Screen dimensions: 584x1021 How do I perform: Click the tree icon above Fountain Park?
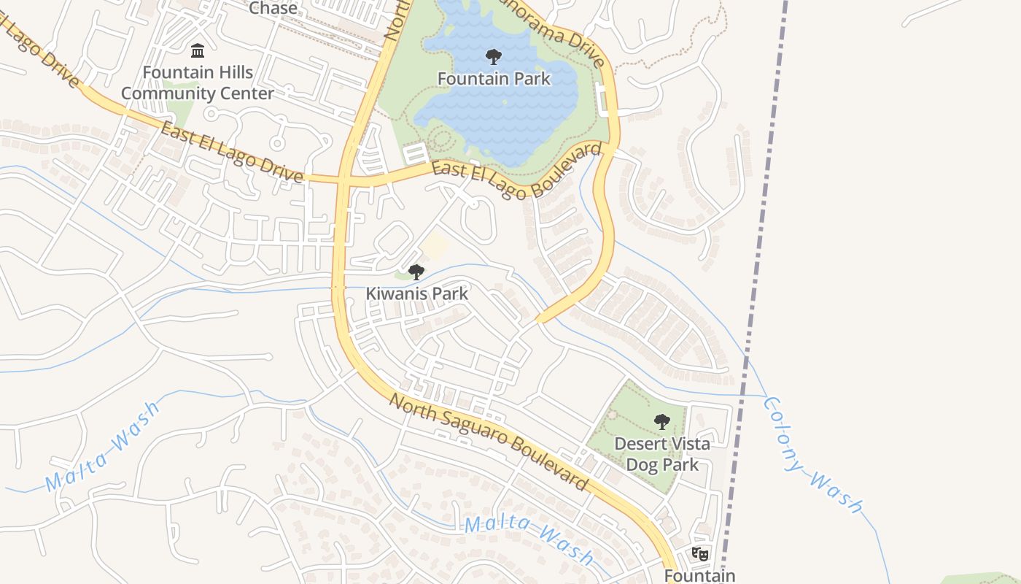click(494, 57)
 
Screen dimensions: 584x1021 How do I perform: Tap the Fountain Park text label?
click(494, 78)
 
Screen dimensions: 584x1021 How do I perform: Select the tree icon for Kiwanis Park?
click(416, 272)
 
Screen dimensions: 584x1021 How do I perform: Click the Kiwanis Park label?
click(416, 293)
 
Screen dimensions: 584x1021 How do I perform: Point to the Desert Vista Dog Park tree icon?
click(661, 421)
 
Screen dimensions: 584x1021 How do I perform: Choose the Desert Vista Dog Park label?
click(661, 453)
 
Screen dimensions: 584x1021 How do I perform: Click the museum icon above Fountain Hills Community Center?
click(198, 50)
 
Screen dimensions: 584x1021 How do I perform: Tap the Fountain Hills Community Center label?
click(198, 82)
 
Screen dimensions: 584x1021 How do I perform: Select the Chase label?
click(273, 9)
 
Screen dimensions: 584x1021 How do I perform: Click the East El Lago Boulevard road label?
click(517, 170)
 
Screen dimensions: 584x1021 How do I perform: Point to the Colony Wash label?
click(812, 456)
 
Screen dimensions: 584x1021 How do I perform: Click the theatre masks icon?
click(700, 553)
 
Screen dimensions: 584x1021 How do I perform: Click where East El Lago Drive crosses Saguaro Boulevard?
click(343, 180)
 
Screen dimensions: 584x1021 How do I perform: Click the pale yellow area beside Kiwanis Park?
click(435, 247)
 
